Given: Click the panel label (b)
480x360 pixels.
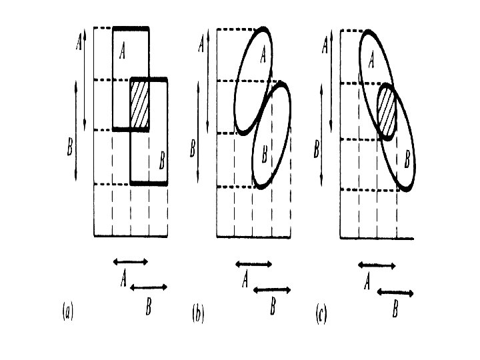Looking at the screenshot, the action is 198,313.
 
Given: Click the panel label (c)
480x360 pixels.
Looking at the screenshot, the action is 321,314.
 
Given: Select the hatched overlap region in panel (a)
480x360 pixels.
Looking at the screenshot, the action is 139,104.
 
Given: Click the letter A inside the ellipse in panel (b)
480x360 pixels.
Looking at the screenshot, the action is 263,54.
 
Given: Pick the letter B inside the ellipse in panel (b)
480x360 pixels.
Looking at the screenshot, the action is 265,155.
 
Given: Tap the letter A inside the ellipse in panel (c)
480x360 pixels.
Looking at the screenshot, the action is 371,60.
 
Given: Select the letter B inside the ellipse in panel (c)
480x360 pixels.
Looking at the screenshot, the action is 407,160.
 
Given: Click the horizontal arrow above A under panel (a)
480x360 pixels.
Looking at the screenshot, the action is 131,261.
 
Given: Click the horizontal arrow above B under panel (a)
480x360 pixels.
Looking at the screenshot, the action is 149,287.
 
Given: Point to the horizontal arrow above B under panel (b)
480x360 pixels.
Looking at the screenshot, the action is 273,289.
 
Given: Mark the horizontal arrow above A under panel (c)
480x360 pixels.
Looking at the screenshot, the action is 377,265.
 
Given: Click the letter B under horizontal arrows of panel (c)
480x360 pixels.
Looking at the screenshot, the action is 396,310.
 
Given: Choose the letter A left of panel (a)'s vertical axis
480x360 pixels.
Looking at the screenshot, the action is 78,43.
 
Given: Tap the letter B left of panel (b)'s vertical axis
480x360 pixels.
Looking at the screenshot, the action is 193,148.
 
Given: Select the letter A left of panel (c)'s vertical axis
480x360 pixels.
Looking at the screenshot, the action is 325,46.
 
